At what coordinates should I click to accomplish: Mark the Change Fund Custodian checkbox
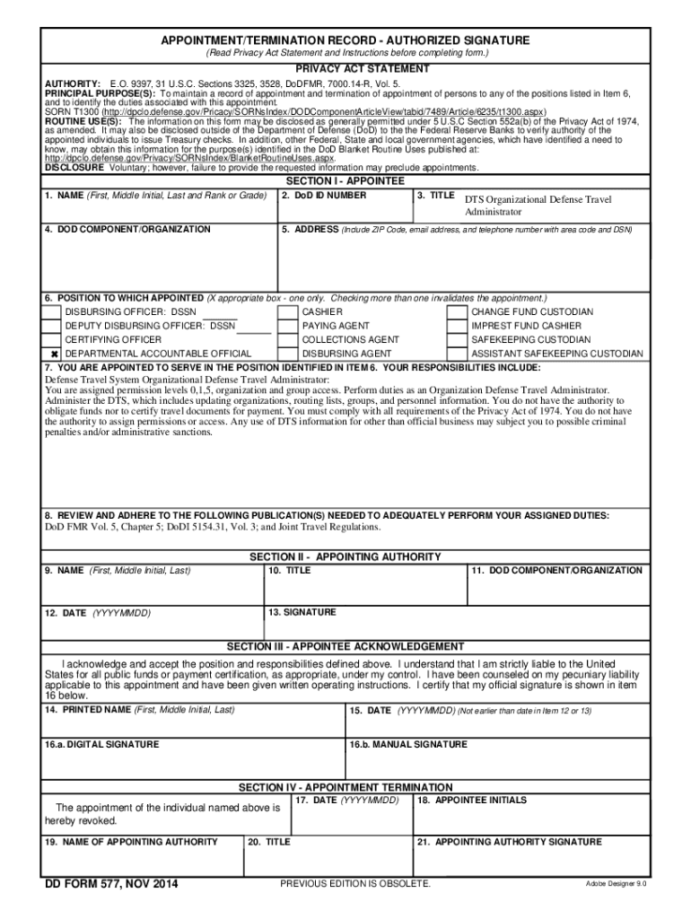(458, 311)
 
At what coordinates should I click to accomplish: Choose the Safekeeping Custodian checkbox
(458, 340)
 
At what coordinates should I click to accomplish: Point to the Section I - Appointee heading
(345, 181)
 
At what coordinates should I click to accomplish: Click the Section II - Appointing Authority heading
(345, 557)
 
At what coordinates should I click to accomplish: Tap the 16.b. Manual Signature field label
(407, 745)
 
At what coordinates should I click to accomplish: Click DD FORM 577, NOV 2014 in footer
(112, 885)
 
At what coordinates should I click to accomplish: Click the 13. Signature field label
(302, 612)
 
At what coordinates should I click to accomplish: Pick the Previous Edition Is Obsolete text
(355, 885)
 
